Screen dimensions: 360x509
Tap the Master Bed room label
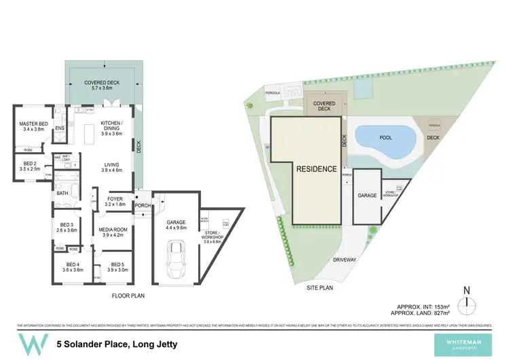(x=33, y=126)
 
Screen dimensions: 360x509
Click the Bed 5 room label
(x=117, y=267)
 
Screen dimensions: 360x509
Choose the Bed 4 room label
(x=73, y=267)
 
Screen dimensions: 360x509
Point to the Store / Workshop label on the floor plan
(x=217, y=237)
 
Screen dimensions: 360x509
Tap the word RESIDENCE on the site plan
(x=316, y=169)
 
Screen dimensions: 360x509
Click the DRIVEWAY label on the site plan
(x=345, y=259)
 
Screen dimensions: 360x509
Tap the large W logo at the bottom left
(x=29, y=344)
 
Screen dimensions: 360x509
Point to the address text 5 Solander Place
(x=117, y=344)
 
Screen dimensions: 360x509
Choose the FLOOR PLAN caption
(x=130, y=296)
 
